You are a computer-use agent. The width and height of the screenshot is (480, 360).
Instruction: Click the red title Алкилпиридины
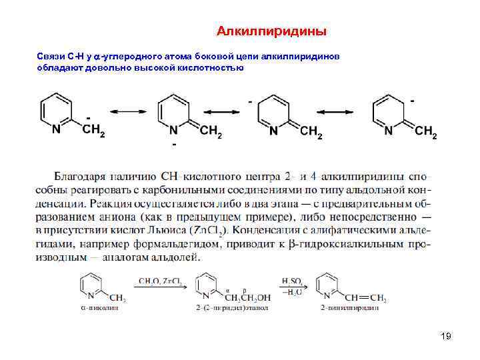click(x=272, y=31)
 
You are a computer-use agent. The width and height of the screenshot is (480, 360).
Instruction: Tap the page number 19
click(x=446, y=337)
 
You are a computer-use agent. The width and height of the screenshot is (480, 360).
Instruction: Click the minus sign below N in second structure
click(x=174, y=144)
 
